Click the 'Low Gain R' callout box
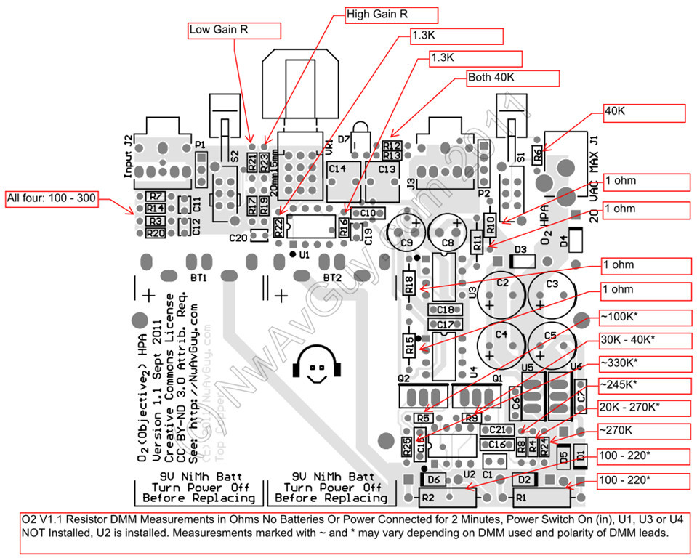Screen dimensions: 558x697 click(x=233, y=30)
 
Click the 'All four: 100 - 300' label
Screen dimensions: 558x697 click(x=50, y=198)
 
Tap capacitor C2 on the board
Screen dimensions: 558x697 click(x=502, y=291)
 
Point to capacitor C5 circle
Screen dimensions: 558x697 click(x=550, y=344)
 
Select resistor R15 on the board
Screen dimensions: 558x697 click(x=409, y=345)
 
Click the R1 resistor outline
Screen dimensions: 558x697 click(x=540, y=498)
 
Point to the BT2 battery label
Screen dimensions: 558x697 click(x=332, y=278)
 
